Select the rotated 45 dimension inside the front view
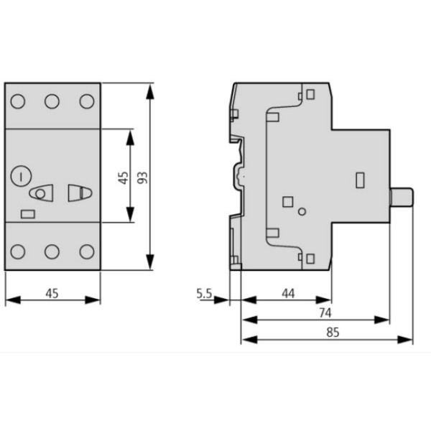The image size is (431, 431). click(122, 177)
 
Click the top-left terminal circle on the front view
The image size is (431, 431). click(18, 101)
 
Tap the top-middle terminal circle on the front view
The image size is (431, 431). click(52, 101)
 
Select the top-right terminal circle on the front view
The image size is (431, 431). click(85, 101)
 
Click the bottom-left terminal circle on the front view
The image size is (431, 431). click(18, 251)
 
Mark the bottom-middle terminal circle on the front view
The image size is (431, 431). click(52, 251)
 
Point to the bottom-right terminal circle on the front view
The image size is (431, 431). click(85, 251)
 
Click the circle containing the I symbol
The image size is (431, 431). click(22, 175)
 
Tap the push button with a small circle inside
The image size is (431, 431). click(42, 193)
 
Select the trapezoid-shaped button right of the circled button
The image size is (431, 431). click(77, 193)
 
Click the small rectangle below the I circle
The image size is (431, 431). click(29, 213)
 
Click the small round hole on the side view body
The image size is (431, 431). click(302, 211)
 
